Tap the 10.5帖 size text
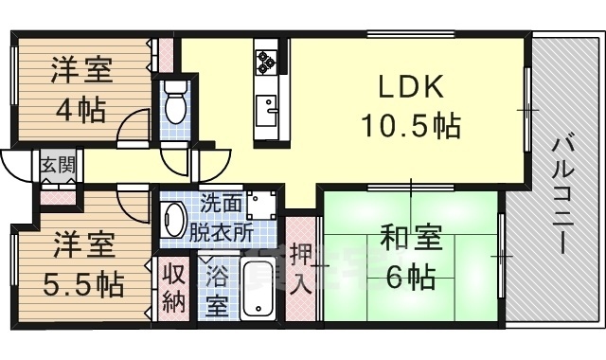point(410,124)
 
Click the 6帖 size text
point(409,277)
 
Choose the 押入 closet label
point(300,269)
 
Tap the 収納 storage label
point(172,288)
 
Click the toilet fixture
point(175,103)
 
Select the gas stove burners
point(264,59)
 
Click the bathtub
point(258,290)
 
